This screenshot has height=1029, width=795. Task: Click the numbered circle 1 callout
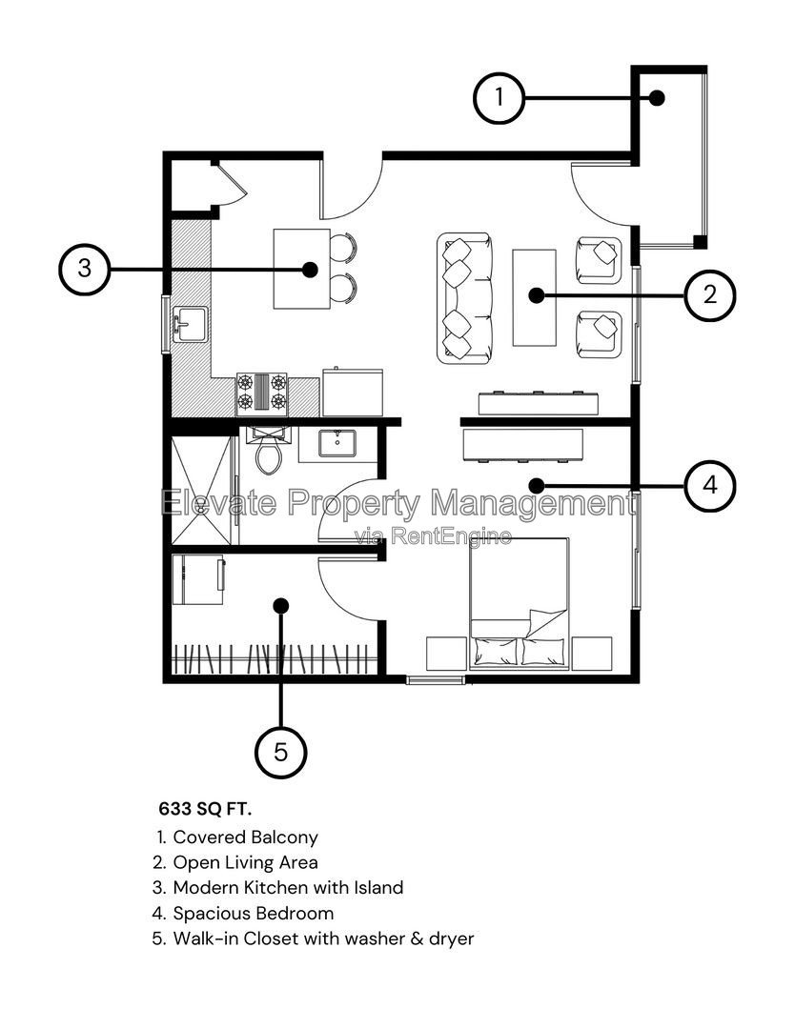[499, 98]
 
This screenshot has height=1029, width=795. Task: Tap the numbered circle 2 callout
[709, 294]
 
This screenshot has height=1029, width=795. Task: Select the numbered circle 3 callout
[85, 269]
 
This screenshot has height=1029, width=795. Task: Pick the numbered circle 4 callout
[709, 486]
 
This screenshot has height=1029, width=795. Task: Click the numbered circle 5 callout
[281, 752]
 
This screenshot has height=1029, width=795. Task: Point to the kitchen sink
[191, 324]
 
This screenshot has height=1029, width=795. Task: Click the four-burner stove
[262, 393]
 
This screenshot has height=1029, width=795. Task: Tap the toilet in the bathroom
[269, 450]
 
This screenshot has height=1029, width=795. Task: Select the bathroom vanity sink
[337, 443]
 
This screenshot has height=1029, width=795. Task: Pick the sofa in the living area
[464, 298]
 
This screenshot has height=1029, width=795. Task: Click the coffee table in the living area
[535, 297]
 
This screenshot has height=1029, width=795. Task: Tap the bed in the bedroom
[519, 603]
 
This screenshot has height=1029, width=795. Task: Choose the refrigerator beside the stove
[353, 392]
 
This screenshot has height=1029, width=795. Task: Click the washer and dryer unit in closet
[197, 579]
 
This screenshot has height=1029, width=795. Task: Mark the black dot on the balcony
[657, 98]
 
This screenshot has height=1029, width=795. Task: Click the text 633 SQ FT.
[205, 809]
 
